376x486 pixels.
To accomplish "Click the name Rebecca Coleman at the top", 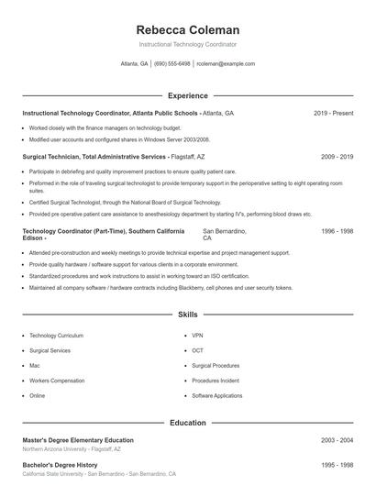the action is coord(187,29).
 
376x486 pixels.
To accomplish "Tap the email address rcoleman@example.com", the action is coord(225,64).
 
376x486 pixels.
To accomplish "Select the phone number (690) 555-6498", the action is coord(172,64).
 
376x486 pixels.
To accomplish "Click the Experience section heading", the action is coord(187,95).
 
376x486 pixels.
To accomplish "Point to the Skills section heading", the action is coord(187,315).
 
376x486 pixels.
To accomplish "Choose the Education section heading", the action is coord(187,424).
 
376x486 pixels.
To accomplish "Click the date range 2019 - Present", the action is coord(333,113).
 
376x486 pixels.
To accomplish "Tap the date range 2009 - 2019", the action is coord(337,157).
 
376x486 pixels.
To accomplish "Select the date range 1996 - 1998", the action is coord(337,231).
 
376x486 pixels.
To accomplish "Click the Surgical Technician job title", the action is coord(52,157).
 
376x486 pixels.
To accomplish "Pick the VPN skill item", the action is coord(197,336).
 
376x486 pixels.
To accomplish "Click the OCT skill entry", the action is coord(197,350).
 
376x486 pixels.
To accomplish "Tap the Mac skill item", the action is coord(35,365).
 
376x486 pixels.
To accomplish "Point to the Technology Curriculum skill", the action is coord(56,336).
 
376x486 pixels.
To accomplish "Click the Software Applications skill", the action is coord(217,395).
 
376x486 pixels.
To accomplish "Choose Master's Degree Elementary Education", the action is coord(78,440).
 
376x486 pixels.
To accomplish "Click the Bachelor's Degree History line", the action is coord(60,465).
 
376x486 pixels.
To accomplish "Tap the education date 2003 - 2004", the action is coord(337,440).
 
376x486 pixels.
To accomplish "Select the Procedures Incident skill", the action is coord(216,381).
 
